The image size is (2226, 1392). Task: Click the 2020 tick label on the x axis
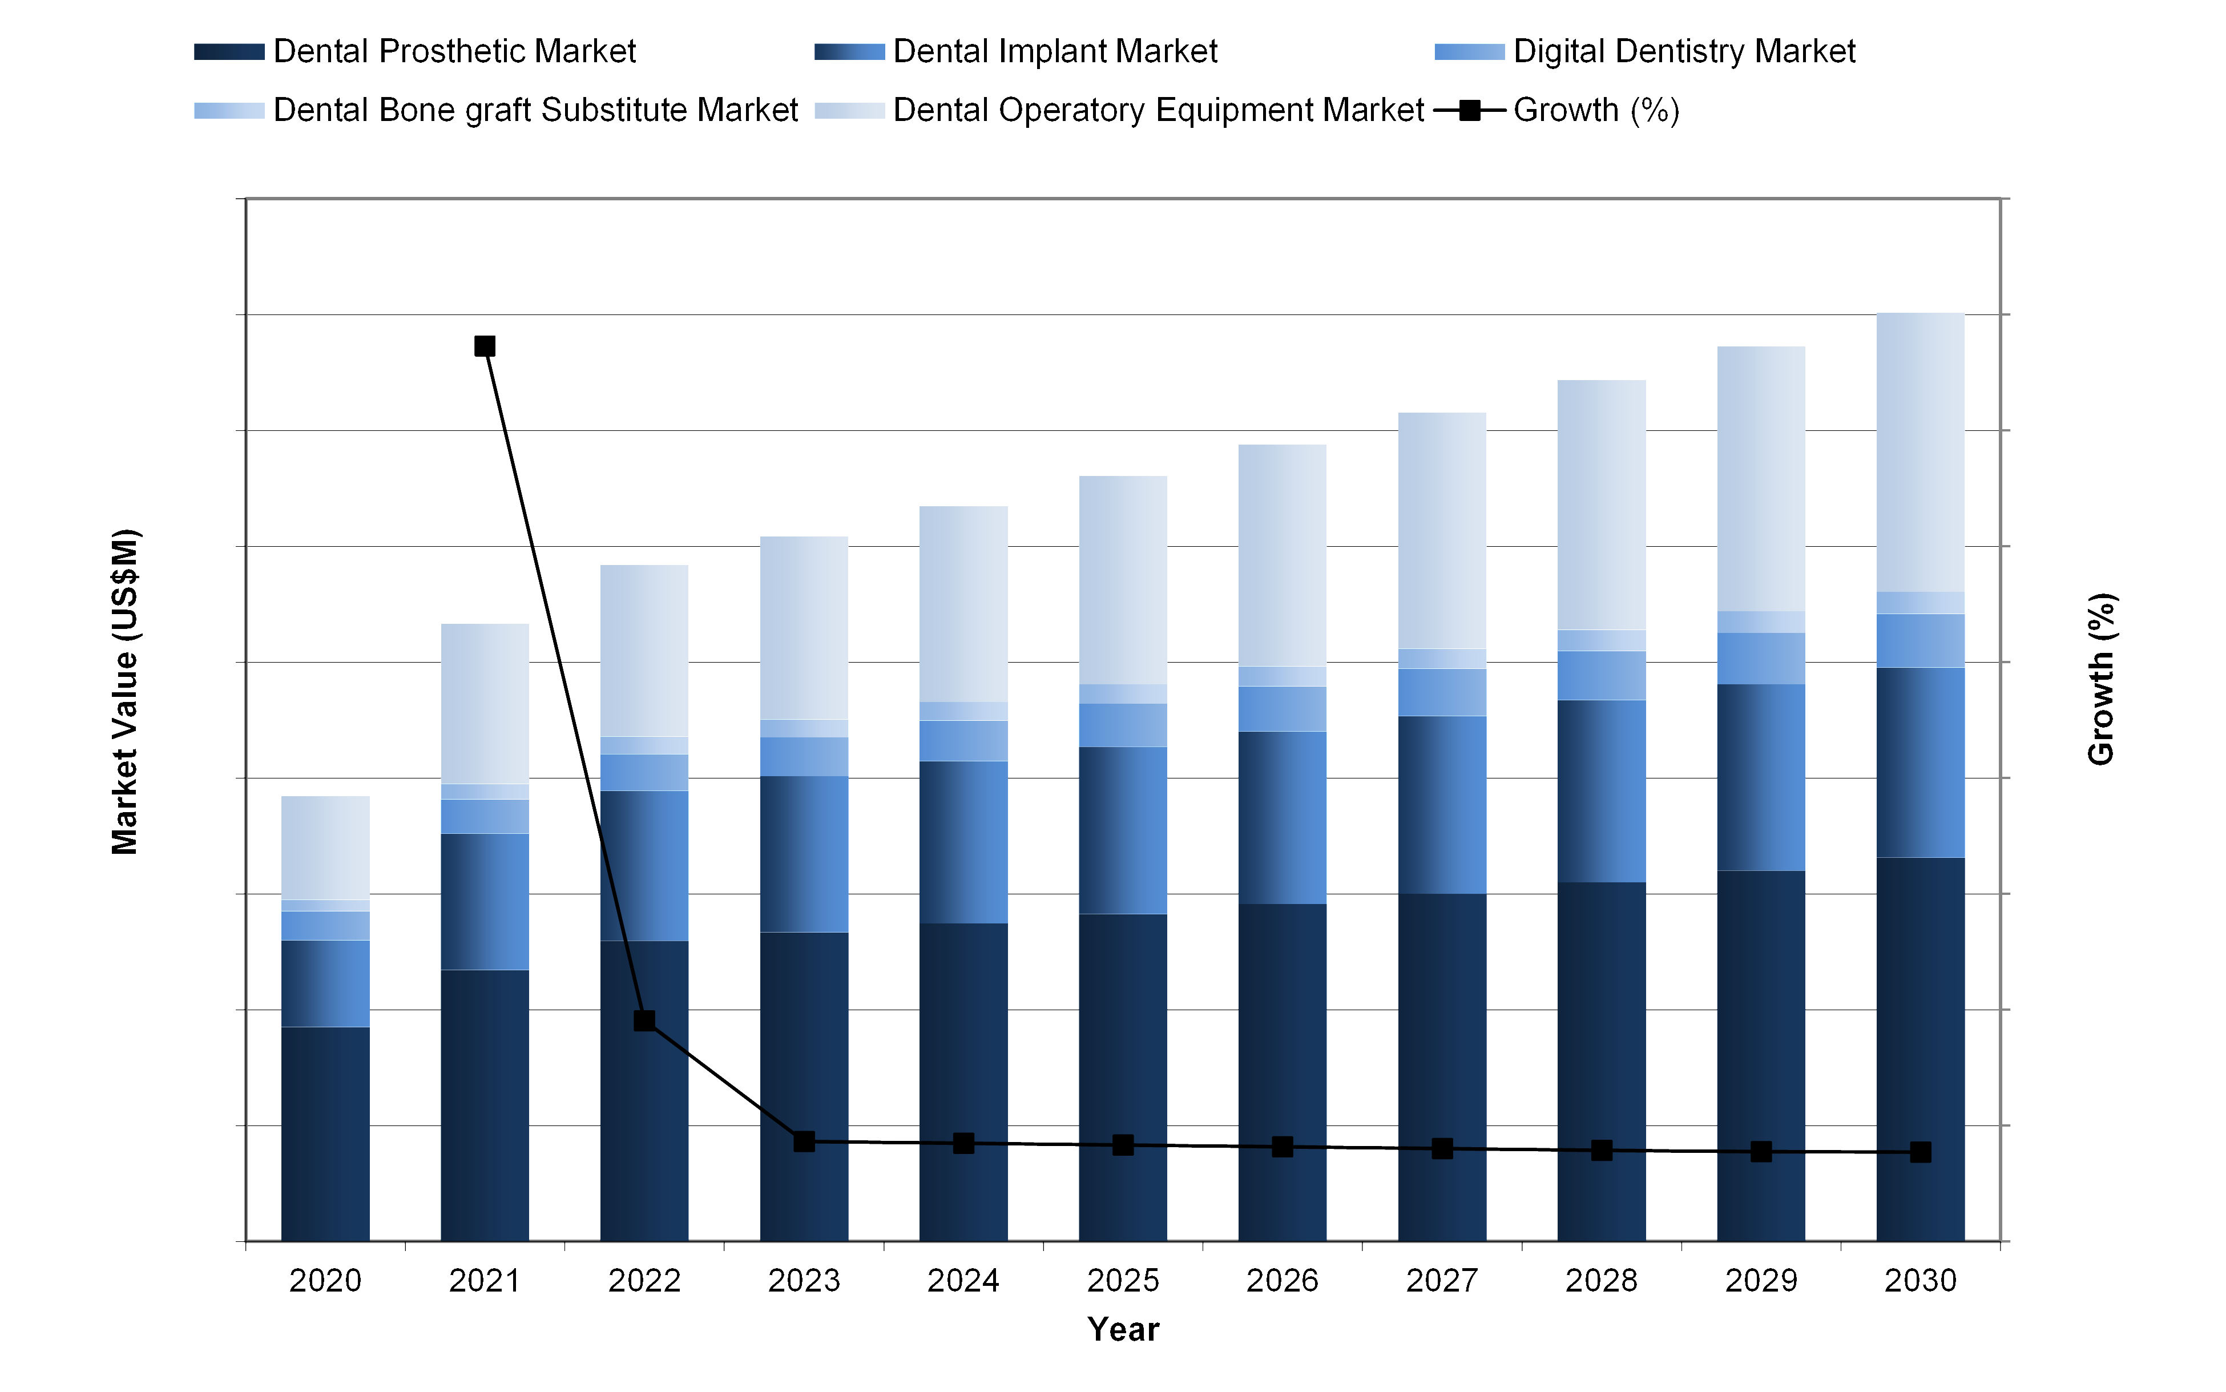(325, 1280)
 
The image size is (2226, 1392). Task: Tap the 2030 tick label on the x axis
(1921, 1280)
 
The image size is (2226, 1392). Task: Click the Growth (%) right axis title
(2101, 679)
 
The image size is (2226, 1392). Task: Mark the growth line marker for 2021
(485, 346)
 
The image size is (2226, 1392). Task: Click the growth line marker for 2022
(644, 1020)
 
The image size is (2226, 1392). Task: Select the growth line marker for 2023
(804, 1141)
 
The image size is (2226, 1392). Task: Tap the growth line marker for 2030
(1921, 1153)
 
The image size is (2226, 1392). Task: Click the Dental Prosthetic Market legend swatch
(229, 51)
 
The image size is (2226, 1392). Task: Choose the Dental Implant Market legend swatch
(850, 51)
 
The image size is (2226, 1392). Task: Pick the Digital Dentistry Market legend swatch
(1469, 51)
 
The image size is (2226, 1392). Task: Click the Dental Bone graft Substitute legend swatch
(229, 111)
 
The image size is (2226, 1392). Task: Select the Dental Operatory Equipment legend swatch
(850, 111)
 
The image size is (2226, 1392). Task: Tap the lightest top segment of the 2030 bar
(1921, 451)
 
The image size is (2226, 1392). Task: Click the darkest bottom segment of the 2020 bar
(325, 1132)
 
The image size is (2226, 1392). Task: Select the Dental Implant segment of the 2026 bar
(1283, 817)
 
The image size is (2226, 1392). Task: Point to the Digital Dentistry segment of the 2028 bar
(1602, 676)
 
